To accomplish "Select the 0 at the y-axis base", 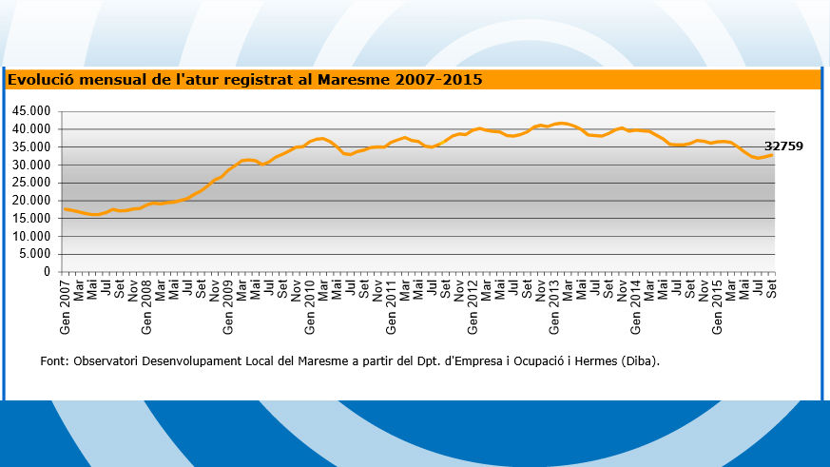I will pyautogui.click(x=46, y=272).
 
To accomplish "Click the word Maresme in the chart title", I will pyautogui.click(x=352, y=80).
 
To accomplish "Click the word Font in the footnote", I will pyautogui.click(x=53, y=361).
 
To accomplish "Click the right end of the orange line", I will pyautogui.click(x=772, y=155).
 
